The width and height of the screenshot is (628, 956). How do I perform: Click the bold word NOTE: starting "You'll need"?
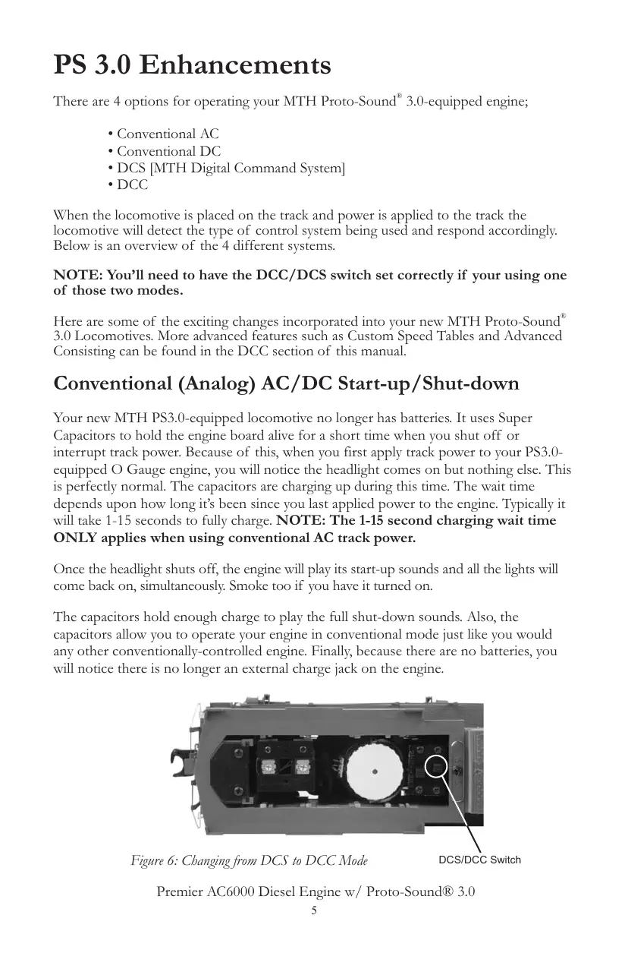point(76,276)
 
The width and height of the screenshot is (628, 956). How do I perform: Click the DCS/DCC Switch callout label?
point(479,860)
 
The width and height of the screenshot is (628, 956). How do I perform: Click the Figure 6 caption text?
point(250,860)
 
